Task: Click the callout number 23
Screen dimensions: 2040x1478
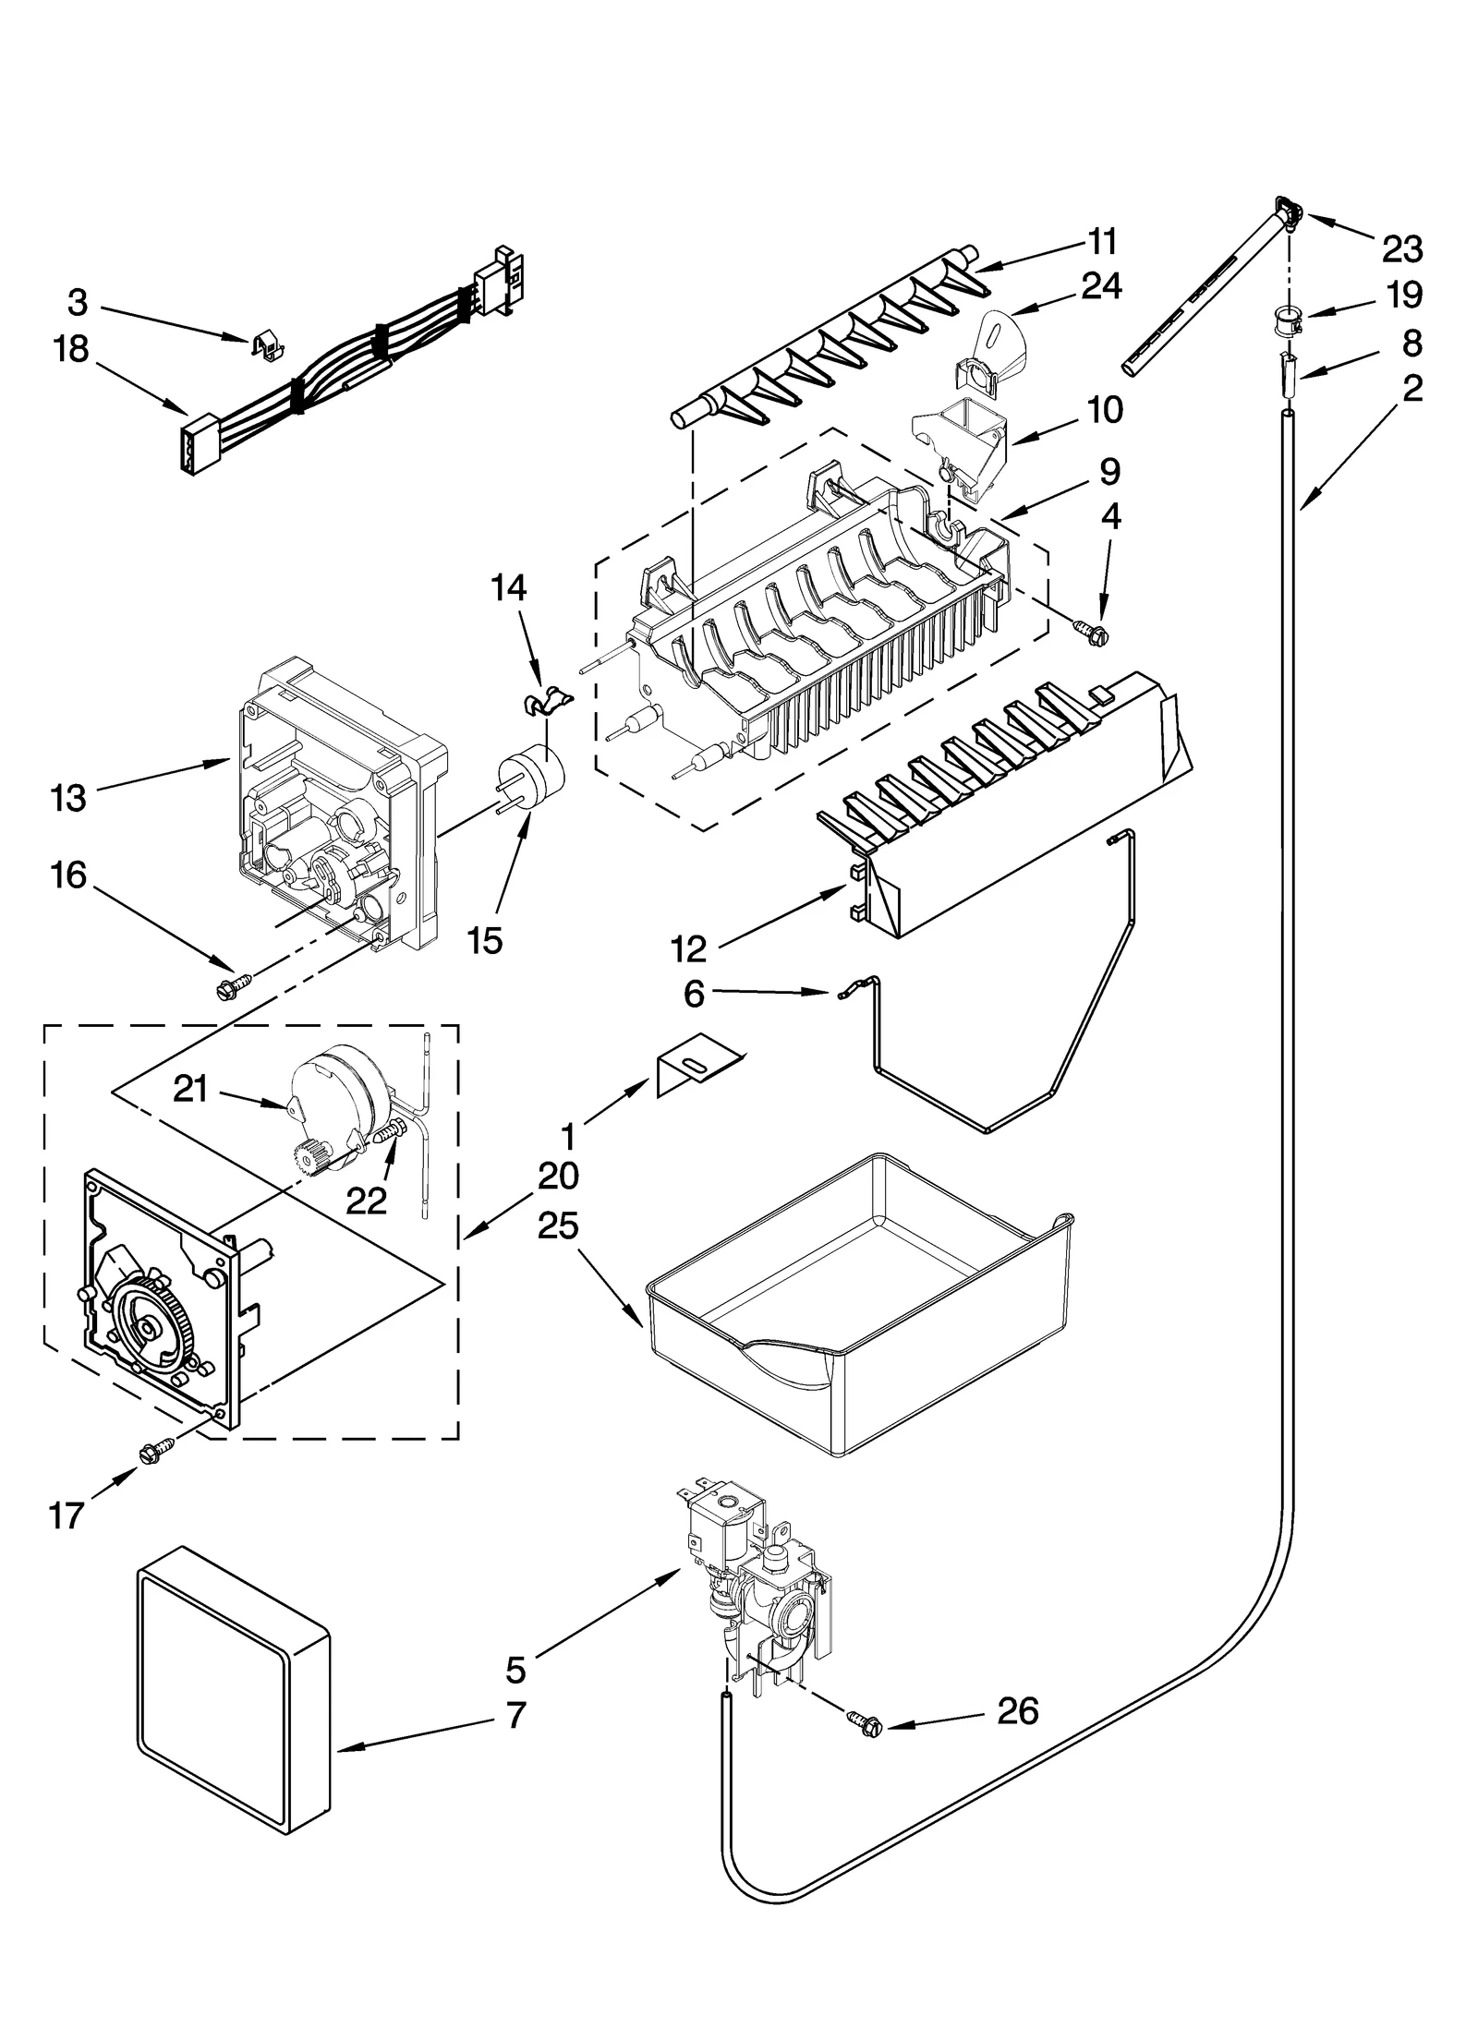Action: [1402, 248]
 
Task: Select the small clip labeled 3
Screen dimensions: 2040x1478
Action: [268, 345]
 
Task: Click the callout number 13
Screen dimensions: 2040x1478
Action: [69, 797]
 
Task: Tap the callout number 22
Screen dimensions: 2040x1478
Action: [366, 1201]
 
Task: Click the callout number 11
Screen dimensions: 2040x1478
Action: [1102, 241]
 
